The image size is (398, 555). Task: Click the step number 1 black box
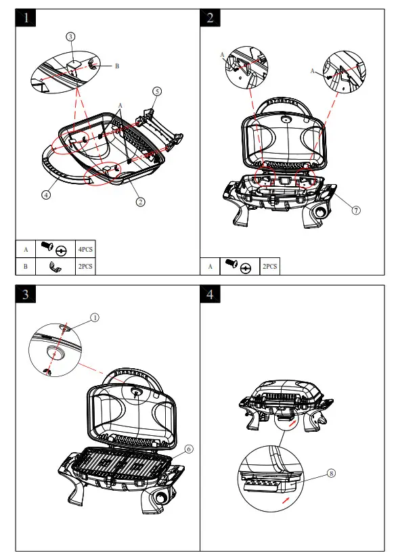(26, 18)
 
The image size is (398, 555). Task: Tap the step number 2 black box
(211, 18)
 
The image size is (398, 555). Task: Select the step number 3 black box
(26, 294)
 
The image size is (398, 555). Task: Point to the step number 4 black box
(211, 294)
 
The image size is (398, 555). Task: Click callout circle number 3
(70, 37)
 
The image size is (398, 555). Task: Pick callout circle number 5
(157, 91)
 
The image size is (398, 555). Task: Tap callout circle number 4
(46, 194)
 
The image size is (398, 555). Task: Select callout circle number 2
(141, 202)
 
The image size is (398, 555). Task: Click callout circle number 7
(356, 210)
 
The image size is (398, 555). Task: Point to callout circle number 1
(95, 317)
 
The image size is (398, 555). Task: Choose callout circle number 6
(189, 449)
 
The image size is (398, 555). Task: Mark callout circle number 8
(331, 473)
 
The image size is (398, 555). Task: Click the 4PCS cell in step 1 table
(85, 249)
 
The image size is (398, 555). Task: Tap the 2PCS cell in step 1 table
(85, 266)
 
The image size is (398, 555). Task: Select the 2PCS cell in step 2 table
(270, 266)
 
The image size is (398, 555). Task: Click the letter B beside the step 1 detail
(117, 66)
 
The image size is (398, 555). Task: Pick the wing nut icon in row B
(56, 266)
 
